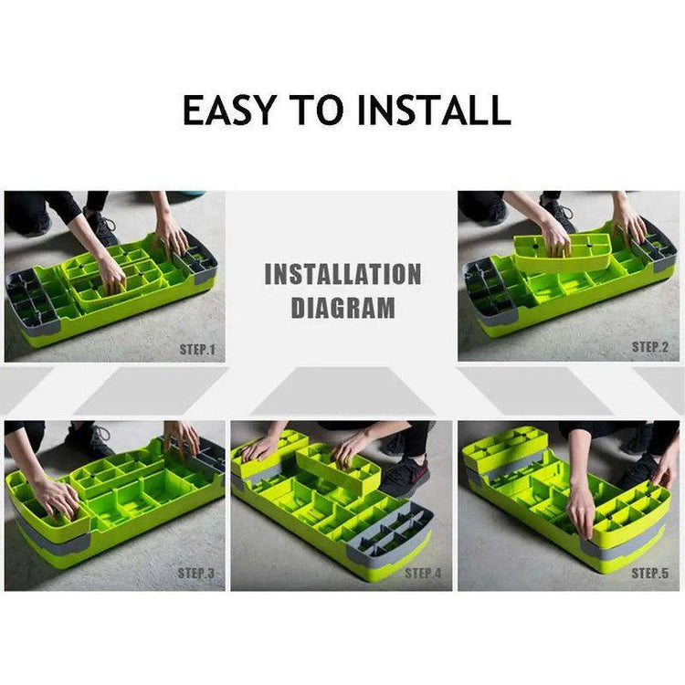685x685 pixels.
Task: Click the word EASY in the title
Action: pyautogui.click(x=229, y=110)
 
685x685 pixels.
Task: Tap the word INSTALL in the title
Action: pyautogui.click(x=434, y=110)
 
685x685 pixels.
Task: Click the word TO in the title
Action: pyautogui.click(x=317, y=110)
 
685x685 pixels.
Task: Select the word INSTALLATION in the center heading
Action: pyautogui.click(x=342, y=274)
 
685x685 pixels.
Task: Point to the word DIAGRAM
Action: pyautogui.click(x=342, y=307)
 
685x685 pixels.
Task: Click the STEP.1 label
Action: pyautogui.click(x=197, y=350)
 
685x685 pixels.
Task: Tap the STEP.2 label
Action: pyautogui.click(x=650, y=347)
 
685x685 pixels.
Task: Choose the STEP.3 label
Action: pyautogui.click(x=196, y=574)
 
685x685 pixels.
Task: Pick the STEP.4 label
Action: pyautogui.click(x=423, y=574)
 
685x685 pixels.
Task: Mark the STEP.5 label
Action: pyautogui.click(x=650, y=574)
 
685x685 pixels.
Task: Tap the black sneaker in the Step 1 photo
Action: pyautogui.click(x=101, y=227)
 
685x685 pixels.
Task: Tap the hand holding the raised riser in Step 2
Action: pyautogui.click(x=554, y=238)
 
